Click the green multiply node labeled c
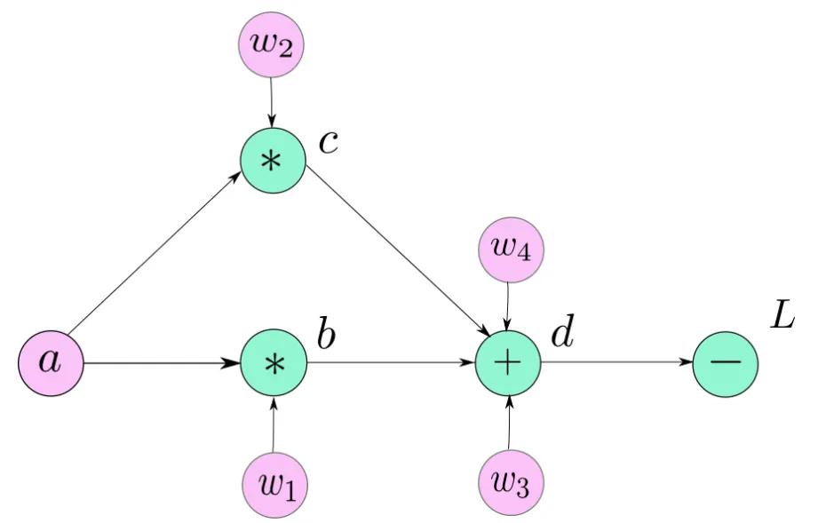point(274,161)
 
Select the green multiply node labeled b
point(274,364)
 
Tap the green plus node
point(508,364)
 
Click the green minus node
point(727,364)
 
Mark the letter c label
point(328,143)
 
